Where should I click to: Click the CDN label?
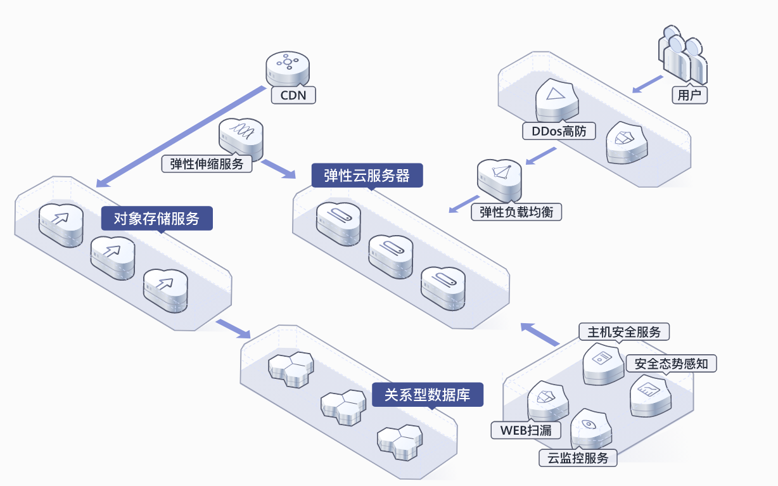(293, 95)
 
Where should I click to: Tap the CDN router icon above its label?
(288, 68)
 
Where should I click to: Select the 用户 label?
(689, 95)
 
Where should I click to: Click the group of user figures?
(682, 55)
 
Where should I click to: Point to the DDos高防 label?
(559, 131)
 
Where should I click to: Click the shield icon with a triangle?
(557, 99)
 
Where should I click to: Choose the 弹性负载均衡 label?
(516, 212)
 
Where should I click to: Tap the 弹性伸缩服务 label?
(207, 164)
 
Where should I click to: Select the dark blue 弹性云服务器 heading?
(367, 176)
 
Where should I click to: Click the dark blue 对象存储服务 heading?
(156, 219)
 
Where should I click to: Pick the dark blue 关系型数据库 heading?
(428, 395)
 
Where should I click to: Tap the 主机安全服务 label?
(624, 332)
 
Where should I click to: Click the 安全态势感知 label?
(671, 363)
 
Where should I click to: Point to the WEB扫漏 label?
(526, 430)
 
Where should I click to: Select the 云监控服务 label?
(578, 458)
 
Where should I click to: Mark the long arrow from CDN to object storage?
(181, 136)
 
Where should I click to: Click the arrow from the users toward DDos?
(647, 84)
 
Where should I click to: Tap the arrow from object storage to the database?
(233, 329)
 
